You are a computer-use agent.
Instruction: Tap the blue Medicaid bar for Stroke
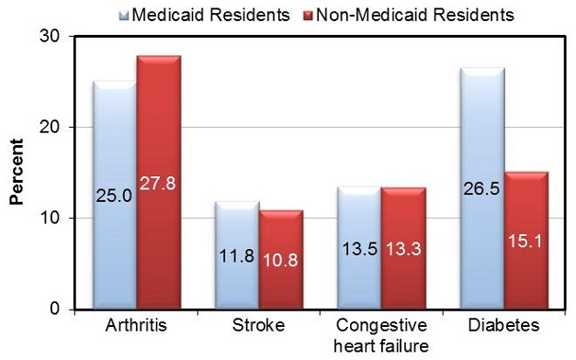(237, 256)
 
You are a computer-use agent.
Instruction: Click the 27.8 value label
(159, 183)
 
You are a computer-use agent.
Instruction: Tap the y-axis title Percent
(16, 173)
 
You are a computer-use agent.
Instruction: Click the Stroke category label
(259, 326)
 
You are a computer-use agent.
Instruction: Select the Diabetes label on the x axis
(504, 326)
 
